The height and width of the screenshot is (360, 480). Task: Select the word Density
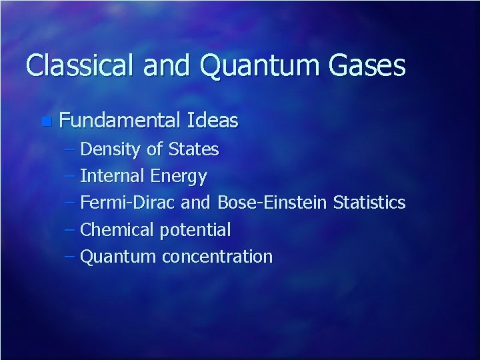point(110,149)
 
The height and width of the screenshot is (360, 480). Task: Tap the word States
point(193,149)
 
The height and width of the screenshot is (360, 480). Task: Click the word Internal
point(113,176)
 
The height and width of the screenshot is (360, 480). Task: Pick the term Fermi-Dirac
point(126,203)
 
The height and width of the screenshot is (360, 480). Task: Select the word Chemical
point(117,230)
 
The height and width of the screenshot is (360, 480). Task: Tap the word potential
point(195,231)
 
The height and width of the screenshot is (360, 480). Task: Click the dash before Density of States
point(71,150)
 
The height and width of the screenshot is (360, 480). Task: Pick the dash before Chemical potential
point(71,230)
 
